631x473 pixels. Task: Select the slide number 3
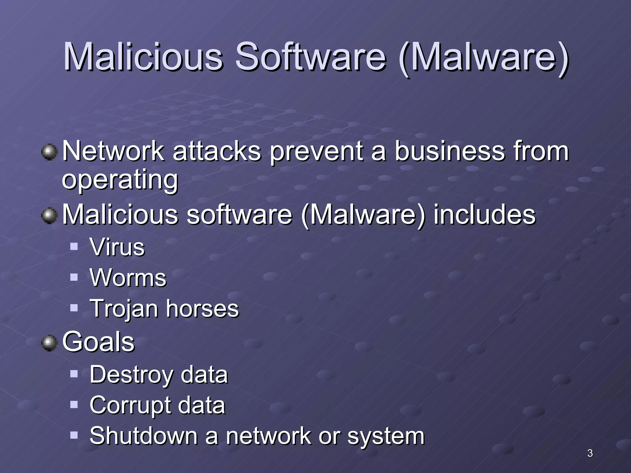click(590, 453)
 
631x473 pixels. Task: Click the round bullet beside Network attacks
click(49, 152)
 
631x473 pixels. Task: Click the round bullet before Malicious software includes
click(49, 216)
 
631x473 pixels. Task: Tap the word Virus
click(117, 247)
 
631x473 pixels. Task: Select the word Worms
click(128, 278)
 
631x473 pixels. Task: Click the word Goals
click(98, 342)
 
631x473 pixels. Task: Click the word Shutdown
click(144, 436)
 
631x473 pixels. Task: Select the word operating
click(120, 180)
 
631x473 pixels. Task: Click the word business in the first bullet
click(450, 151)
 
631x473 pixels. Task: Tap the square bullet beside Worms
click(74, 277)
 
